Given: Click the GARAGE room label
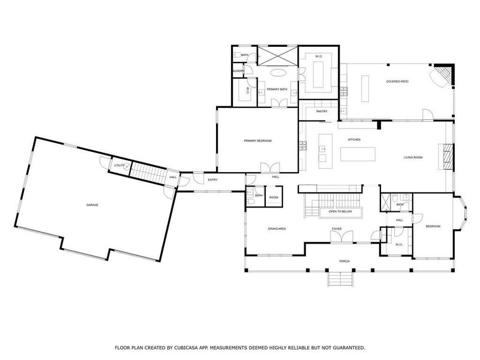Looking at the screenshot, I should (92, 205).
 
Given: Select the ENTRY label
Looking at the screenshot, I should (212, 180).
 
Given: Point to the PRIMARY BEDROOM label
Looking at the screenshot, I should (257, 140).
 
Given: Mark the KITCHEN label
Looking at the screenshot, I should (354, 140).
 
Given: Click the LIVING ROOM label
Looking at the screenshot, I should (413, 158).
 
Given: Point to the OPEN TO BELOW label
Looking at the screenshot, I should (340, 212).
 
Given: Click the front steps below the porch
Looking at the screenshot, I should (340, 280).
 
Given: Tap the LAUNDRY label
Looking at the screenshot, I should (238, 71).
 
